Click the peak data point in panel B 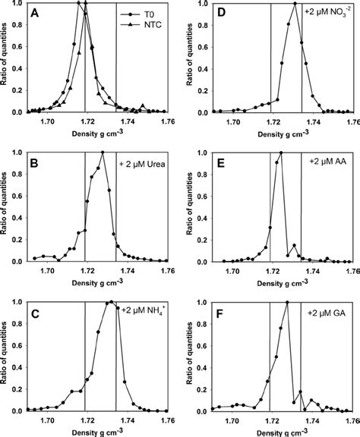(x=103, y=152)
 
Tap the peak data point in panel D (x=294, y=5)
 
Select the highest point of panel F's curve (x=286, y=302)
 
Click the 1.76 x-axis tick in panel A (x=166, y=121)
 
